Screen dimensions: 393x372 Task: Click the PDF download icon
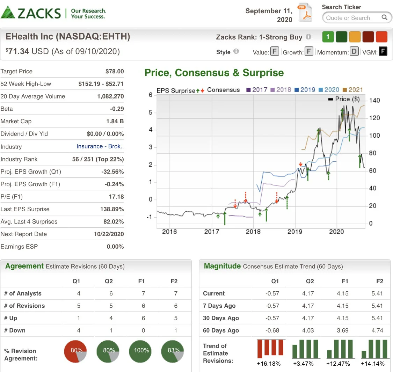pyautogui.click(x=305, y=12)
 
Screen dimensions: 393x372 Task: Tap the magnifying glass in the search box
pyautogui.click(x=384, y=17)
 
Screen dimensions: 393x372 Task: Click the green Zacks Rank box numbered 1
pyautogui.click(x=328, y=37)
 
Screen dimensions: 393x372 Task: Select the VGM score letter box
pyautogui.click(x=383, y=52)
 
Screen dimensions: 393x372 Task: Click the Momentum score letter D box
pyautogui.click(x=354, y=52)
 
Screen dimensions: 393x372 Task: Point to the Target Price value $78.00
pyautogui.click(x=115, y=72)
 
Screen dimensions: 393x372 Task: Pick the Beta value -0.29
pyautogui.click(x=117, y=109)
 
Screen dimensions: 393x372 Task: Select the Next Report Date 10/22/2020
pyautogui.click(x=109, y=234)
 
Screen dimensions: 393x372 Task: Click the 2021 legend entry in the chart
pyautogui.click(x=352, y=90)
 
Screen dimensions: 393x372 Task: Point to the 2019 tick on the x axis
pyautogui.click(x=295, y=232)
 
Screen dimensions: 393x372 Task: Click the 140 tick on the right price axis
pyautogui.click(x=374, y=101)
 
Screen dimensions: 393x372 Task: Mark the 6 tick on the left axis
pyautogui.click(x=150, y=95)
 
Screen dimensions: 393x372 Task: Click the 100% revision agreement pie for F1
pyautogui.click(x=140, y=351)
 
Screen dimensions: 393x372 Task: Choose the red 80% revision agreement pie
pyautogui.click(x=75, y=351)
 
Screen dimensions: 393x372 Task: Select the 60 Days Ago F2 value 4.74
pyautogui.click(x=377, y=330)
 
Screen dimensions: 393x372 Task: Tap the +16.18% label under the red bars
pyautogui.click(x=269, y=364)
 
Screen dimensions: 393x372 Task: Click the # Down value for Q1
pyautogui.click(x=79, y=330)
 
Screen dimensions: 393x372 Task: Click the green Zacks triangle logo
pyautogui.click(x=8, y=13)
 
